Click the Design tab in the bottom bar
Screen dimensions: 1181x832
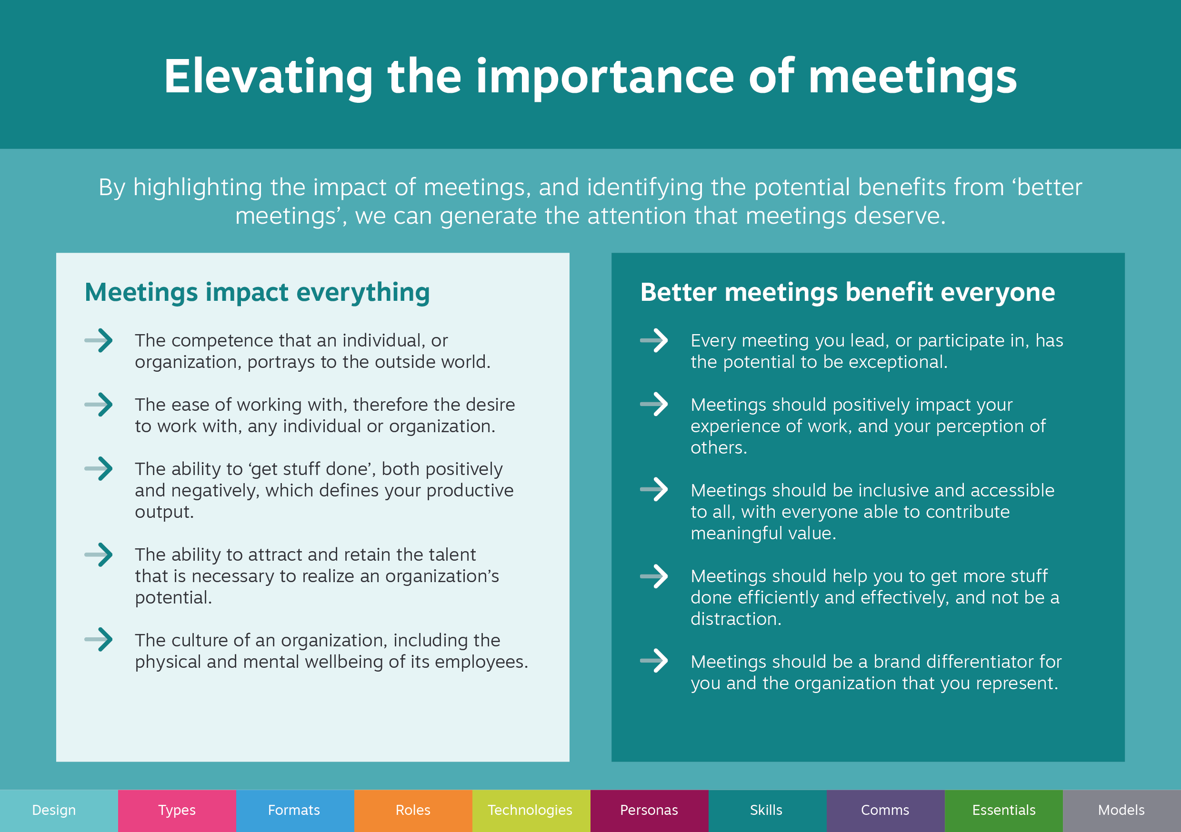(59, 811)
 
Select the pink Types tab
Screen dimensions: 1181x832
(177, 811)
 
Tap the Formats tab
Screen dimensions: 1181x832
(295, 811)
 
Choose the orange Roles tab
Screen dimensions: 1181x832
(413, 811)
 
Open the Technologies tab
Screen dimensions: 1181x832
(531, 811)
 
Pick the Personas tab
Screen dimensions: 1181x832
(650, 811)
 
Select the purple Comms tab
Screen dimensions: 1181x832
(886, 811)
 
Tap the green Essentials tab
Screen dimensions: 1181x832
(1004, 811)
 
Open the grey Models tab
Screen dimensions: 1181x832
(1122, 811)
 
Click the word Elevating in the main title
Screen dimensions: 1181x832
(269, 77)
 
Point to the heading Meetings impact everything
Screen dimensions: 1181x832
(257, 292)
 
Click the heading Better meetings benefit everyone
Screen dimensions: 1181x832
(848, 292)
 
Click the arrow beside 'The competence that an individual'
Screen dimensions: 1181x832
(99, 340)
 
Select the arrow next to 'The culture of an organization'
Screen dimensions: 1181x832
(99, 640)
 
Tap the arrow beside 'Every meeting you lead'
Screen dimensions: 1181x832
(654, 340)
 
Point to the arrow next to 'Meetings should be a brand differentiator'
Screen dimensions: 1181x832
(654, 661)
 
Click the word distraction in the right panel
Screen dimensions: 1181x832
(736, 619)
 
